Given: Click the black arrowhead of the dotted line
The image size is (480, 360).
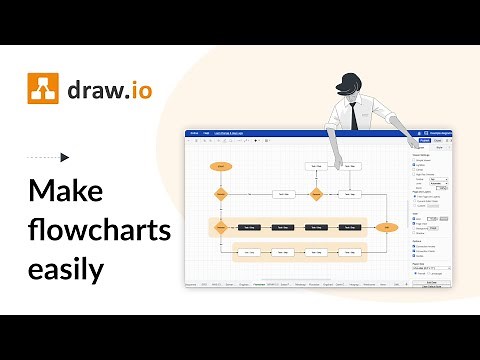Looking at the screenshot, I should click(65, 157).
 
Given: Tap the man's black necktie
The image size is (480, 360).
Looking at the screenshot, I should click(353, 116).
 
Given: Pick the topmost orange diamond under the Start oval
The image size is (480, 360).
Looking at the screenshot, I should click(220, 194).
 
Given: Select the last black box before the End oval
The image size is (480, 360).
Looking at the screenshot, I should click(350, 228).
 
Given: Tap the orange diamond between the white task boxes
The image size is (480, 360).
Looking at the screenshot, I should click(316, 194).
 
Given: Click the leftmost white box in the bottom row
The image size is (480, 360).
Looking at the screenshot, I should click(249, 253).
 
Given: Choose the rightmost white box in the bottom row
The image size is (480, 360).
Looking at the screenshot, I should click(350, 253).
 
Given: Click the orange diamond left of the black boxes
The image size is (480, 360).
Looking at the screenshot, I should click(220, 228).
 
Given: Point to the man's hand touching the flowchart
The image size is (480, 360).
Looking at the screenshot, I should click(339, 164).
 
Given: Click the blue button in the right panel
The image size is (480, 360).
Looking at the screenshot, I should click(424, 141).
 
